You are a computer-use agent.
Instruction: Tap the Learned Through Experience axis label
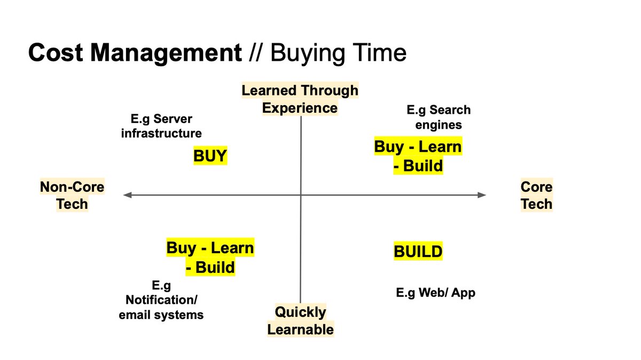[300, 99]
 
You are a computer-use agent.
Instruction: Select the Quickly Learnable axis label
[300, 320]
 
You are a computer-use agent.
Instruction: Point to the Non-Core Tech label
[72, 195]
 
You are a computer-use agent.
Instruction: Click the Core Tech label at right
[536, 195]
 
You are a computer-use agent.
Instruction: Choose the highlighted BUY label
[210, 156]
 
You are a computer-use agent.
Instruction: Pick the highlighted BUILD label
[418, 252]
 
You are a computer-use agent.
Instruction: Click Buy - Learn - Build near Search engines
[418, 156]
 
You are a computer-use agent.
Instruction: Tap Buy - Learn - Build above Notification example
[210, 257]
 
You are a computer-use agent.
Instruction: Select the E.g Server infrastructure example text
[161, 126]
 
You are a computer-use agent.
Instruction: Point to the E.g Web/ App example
[435, 293]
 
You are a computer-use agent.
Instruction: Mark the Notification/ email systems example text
[161, 308]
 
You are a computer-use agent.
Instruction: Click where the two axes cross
[301, 195]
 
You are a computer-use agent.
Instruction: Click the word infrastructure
[161, 133]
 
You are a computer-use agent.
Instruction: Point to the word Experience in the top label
[300, 108]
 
